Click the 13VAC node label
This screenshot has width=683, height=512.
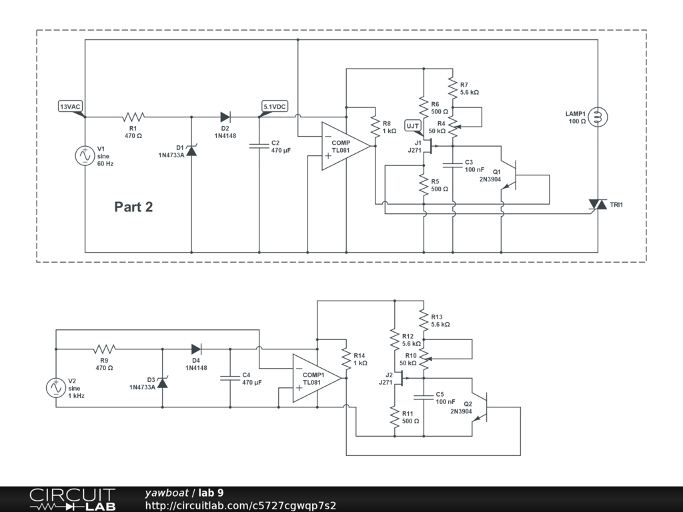coord(71,106)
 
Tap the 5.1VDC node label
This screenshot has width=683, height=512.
coord(274,106)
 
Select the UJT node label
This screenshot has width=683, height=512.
coord(413,126)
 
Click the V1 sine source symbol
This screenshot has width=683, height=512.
coord(85,156)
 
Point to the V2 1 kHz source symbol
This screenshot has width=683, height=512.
coord(56,387)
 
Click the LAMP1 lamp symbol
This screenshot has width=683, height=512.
coord(598,117)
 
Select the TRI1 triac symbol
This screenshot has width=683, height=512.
coord(598,204)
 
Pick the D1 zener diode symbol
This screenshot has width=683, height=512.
coord(191,151)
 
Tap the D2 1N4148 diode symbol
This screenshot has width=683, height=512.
coord(225,117)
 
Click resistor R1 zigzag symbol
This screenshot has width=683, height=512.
coord(133,117)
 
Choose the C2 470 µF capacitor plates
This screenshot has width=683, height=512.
coord(259,146)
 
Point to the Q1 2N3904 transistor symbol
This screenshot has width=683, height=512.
coord(510,175)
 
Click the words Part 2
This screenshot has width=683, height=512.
coord(133,207)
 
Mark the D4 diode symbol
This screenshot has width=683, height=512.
coord(196,349)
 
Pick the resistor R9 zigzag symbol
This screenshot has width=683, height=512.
coord(105,349)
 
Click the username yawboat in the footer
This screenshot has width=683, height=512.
coord(167,493)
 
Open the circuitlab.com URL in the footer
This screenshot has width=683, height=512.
coord(240,505)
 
